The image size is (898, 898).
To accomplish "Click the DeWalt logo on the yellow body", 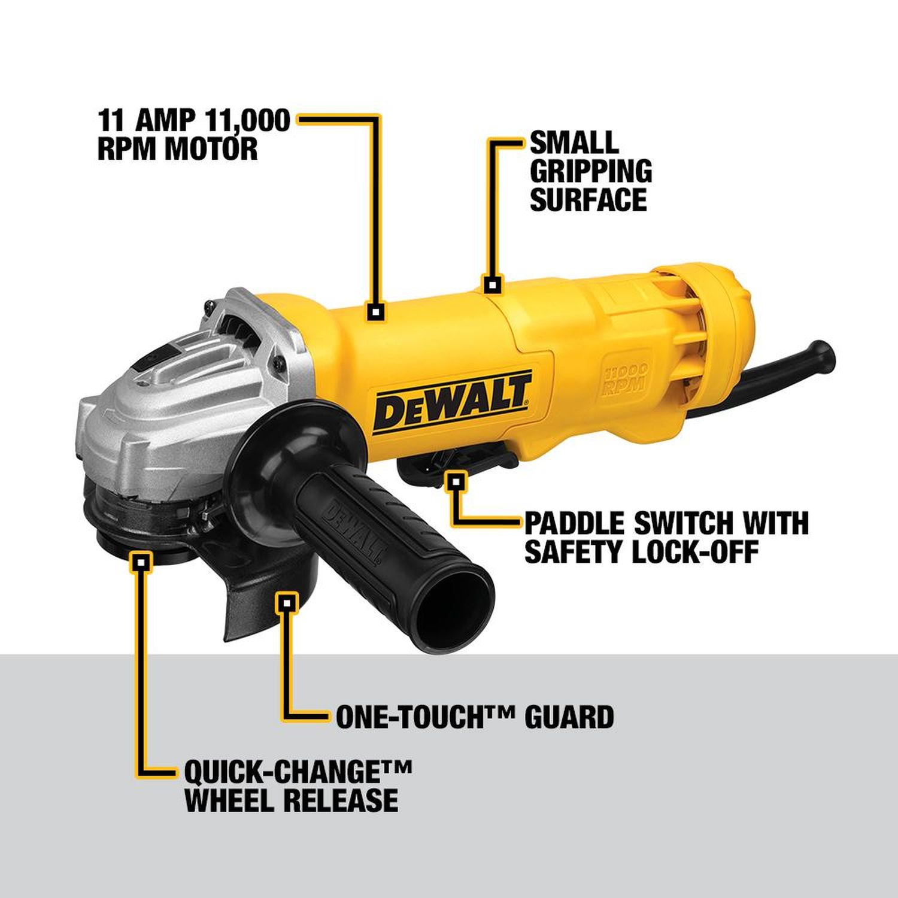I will click(453, 402).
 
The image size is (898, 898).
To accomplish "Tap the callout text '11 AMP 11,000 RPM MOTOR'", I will click(193, 135).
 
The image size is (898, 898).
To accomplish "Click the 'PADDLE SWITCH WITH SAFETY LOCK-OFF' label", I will click(666, 537).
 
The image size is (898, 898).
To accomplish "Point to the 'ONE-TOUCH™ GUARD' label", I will click(474, 717).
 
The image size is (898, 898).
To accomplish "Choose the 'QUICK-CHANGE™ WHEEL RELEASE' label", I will click(298, 785).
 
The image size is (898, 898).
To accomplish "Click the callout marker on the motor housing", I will click(376, 311).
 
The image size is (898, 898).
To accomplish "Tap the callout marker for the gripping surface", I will click(493, 285).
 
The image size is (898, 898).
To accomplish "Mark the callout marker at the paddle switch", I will click(456, 480).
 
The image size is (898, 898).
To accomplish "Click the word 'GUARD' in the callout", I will click(569, 717).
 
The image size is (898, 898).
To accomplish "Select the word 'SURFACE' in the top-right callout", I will click(588, 199).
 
